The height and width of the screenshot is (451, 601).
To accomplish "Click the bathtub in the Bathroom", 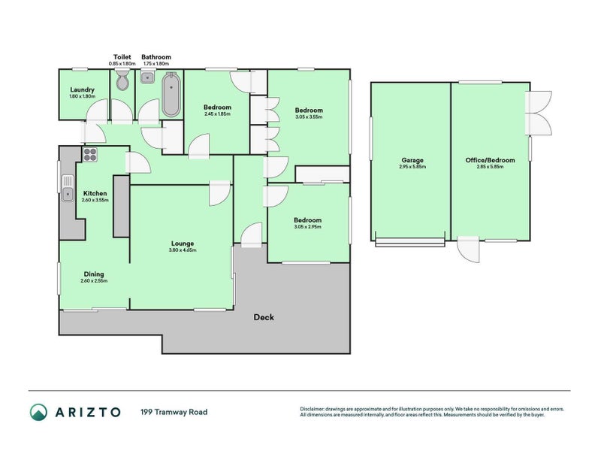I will (171, 95).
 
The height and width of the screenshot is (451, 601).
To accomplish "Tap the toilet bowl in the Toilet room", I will (122, 84).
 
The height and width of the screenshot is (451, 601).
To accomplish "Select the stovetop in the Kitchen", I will (89, 156).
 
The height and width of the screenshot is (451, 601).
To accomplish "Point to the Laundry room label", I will (81, 89).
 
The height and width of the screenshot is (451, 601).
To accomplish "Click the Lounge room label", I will (182, 243).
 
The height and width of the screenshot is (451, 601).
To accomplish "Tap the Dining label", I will (94, 274).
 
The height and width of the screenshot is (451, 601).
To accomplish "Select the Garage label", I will (412, 159).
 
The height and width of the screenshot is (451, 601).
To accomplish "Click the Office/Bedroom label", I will (489, 159).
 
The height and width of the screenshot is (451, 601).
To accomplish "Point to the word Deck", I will (264, 317).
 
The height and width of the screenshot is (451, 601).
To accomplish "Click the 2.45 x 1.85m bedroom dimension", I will (217, 114).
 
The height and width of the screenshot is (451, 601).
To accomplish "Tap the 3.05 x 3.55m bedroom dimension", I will (308, 117).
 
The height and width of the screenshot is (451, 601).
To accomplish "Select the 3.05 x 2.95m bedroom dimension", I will (307, 226).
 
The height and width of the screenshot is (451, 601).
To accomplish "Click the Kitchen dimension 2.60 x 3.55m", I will (95, 200).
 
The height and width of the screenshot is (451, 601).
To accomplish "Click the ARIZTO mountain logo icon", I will (38, 412).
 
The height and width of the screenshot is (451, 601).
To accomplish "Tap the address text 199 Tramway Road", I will (174, 412).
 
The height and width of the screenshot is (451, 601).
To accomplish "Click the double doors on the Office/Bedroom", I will (539, 113).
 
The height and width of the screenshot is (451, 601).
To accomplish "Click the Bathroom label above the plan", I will (157, 57).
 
